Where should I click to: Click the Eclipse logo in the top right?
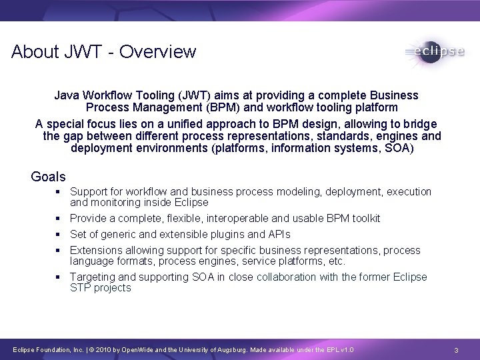click(434, 52)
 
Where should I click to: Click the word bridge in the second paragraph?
click(418, 124)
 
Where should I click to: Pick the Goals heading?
click(48, 177)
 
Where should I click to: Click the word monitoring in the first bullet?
click(115, 202)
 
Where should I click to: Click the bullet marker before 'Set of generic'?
click(59, 234)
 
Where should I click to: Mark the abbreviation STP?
click(81, 288)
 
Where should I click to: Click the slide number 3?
click(455, 350)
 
